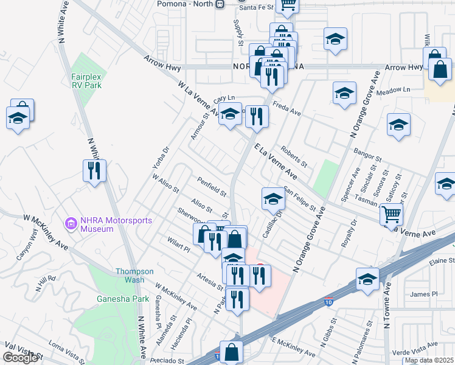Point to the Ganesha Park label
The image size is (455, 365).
coord(114,299)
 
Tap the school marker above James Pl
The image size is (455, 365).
coord(367,278)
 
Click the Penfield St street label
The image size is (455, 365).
coord(212,187)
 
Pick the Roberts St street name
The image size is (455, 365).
coord(294,156)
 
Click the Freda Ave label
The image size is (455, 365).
coord(287,108)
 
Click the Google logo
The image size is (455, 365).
coord(20,358)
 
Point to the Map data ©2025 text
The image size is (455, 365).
coord(429,360)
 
